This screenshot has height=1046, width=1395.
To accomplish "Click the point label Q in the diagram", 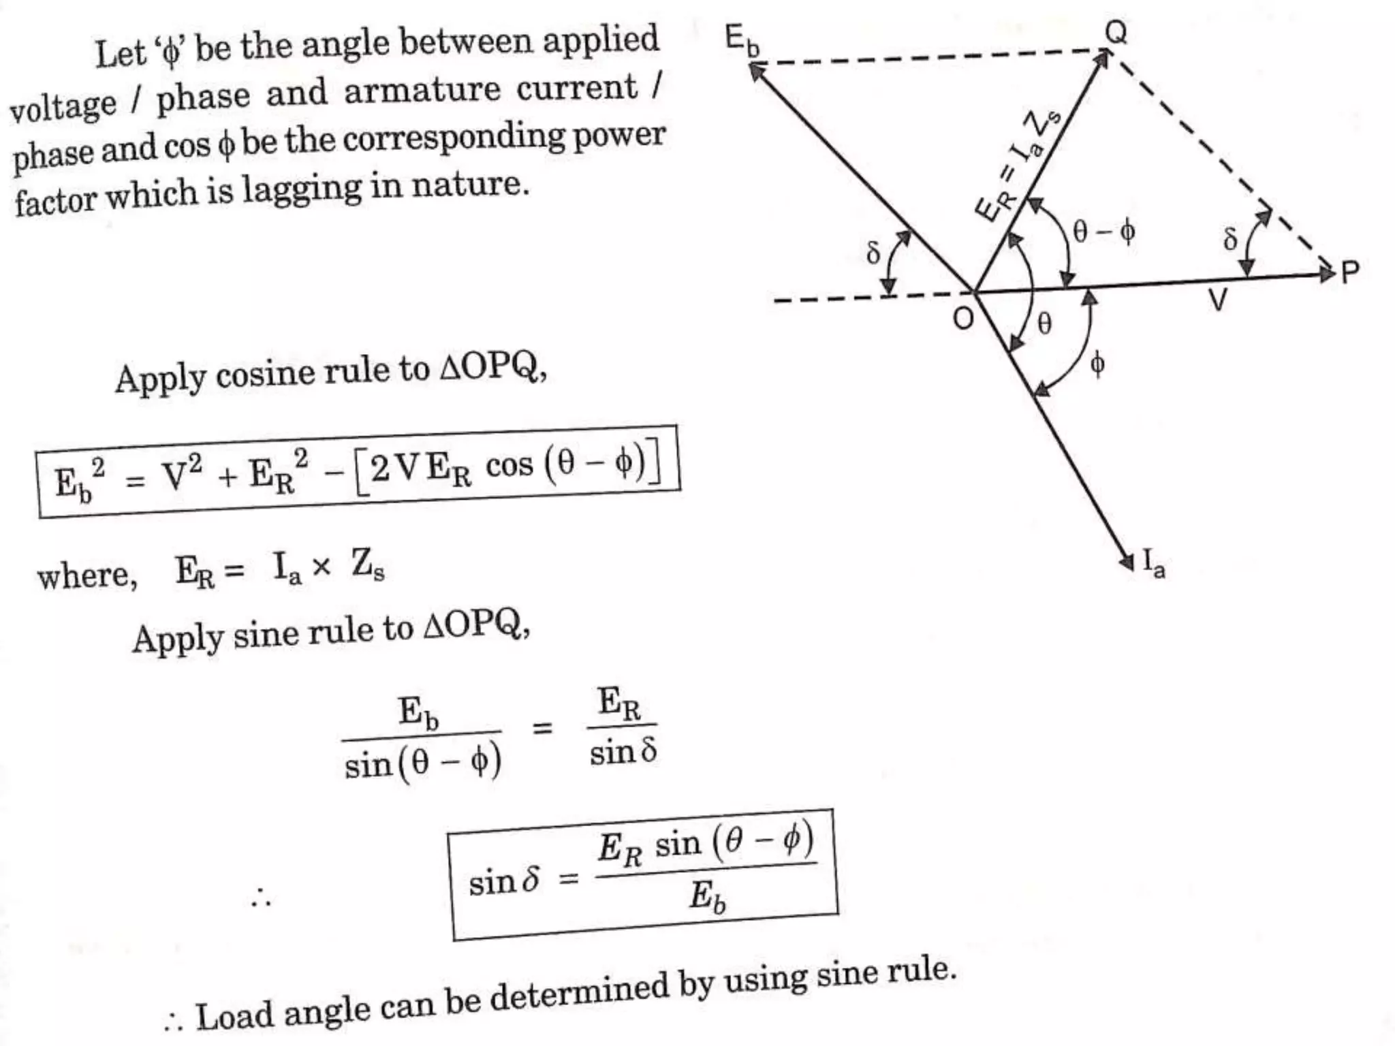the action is click(x=1115, y=31).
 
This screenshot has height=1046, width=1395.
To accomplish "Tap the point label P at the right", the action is click(x=1349, y=272).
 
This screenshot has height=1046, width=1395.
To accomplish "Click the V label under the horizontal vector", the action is click(x=1217, y=300).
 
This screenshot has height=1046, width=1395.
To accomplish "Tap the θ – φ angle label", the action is click(x=1103, y=232).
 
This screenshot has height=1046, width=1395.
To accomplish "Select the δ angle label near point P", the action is click(x=1229, y=238).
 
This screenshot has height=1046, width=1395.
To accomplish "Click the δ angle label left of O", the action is click(x=873, y=253).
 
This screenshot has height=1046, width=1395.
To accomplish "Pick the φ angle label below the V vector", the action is click(x=1097, y=364).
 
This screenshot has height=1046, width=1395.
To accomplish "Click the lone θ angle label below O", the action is click(x=1044, y=323).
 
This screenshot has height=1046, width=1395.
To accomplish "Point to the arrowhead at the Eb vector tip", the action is click(x=755, y=69).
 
